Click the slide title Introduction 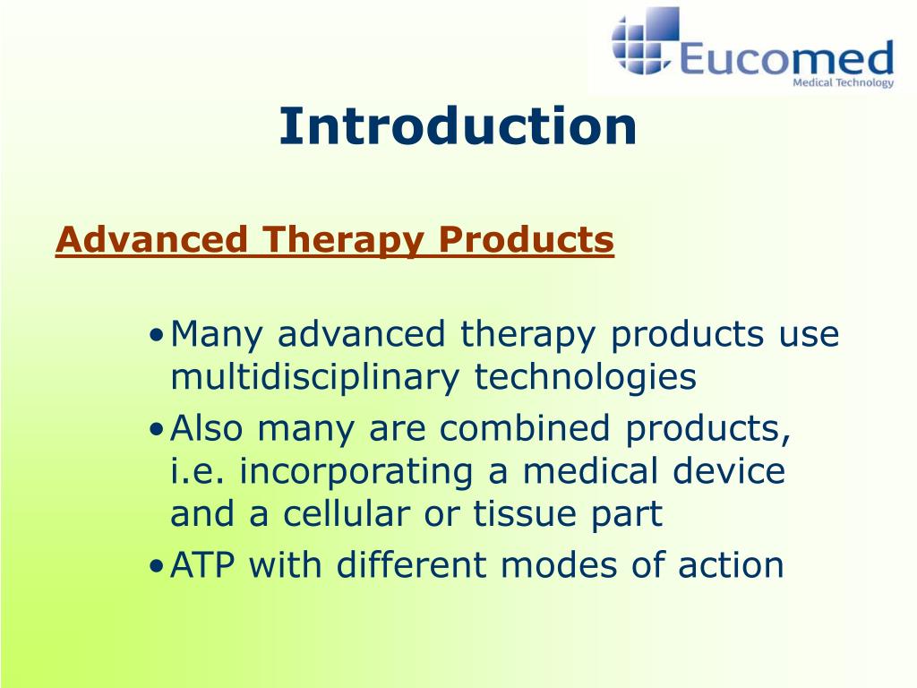tap(458, 126)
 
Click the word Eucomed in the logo tap(786, 57)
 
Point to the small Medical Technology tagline tap(844, 82)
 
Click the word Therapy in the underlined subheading tap(343, 240)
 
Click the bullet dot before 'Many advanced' tap(156, 336)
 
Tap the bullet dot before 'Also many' tap(156, 430)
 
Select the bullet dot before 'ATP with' tap(156, 566)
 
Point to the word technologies tap(585, 377)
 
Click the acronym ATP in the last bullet tap(202, 565)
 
